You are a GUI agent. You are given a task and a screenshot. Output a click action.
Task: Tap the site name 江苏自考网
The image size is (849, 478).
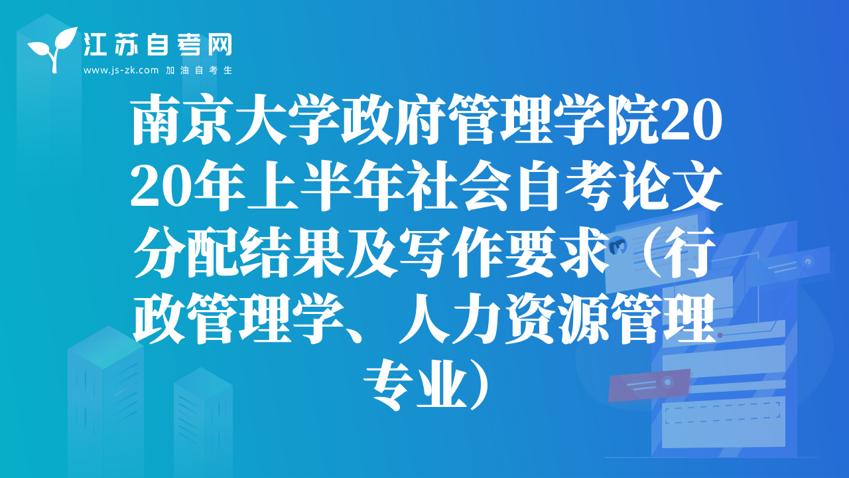coord(158,44)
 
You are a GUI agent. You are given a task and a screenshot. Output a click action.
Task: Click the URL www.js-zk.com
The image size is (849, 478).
coord(121,70)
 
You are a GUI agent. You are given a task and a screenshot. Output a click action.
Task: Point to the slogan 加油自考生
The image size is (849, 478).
coord(199,70)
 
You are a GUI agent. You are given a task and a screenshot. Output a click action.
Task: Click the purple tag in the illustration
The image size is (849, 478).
coord(649,384)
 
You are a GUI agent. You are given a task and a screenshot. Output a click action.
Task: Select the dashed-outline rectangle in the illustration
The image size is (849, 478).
coord(722,412)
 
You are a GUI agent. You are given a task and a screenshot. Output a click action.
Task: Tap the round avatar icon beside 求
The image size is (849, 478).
coord(618,246)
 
